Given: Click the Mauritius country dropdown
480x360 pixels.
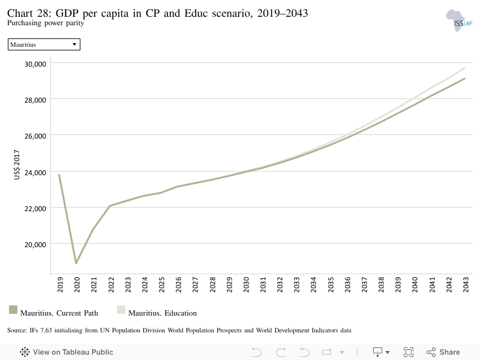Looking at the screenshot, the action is point(44,44).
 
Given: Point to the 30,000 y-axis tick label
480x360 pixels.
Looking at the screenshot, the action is point(35,64).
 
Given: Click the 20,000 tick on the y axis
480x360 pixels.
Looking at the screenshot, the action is point(35,245).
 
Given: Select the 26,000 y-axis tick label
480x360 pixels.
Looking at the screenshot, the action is point(35,136).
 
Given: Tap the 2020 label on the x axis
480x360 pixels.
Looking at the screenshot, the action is point(77,284).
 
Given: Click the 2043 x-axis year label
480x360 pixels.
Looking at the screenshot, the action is point(466,284).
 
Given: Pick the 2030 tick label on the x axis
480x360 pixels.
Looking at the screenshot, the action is point(246,284).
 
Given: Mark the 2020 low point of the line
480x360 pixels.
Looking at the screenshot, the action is point(76,263).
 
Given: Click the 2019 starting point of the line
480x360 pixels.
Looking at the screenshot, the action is point(59,175).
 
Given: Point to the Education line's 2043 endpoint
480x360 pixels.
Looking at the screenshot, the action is point(464,68).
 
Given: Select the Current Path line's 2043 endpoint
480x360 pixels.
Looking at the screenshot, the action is point(464,79).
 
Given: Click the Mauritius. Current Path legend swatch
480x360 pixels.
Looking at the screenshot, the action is point(13,310).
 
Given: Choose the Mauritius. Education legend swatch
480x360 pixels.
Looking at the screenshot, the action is point(121,310).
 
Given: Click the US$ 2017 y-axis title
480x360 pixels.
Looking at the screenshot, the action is point(17,164).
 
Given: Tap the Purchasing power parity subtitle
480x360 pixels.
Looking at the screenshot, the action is point(46,23).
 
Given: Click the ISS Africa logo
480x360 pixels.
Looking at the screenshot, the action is point(459,20).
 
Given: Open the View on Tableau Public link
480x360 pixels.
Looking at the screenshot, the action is point(67,352).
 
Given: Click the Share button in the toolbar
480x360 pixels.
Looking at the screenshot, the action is point(443,352).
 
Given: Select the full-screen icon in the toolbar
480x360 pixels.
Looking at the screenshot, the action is point(409,352).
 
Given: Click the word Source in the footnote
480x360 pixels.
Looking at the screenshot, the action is point(17,331).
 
